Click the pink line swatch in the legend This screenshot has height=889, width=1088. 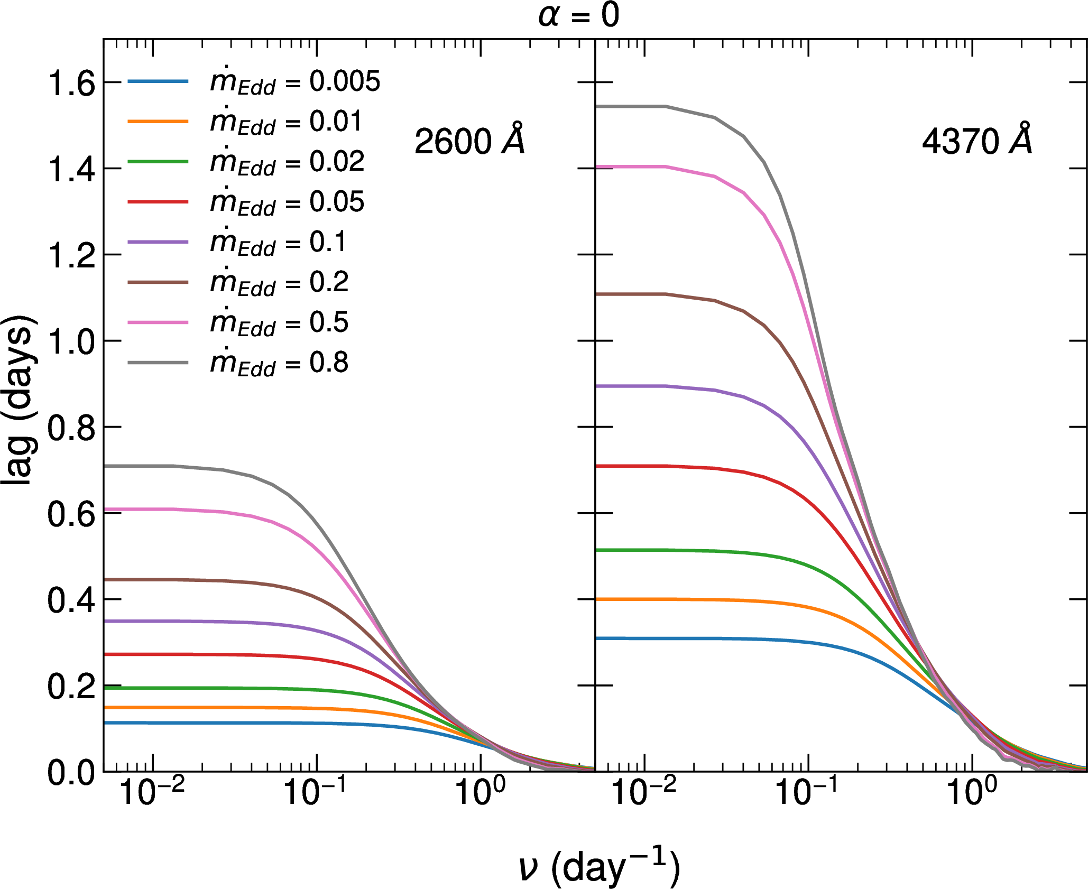158,322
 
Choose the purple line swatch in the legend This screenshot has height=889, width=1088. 158,242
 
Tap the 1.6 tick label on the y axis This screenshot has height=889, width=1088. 71,83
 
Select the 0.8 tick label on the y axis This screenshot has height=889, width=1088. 71,428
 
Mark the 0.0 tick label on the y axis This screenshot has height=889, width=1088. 71,773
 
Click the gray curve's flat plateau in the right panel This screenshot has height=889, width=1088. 634,107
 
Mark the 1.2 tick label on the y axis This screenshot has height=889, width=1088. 71,255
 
